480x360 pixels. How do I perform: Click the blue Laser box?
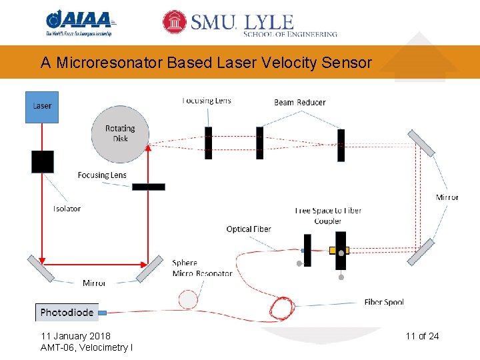pyautogui.click(x=42, y=107)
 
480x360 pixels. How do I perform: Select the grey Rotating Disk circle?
pyautogui.click(x=120, y=134)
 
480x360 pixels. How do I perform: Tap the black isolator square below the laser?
pyautogui.click(x=42, y=161)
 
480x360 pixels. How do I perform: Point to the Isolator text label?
pyautogui.click(x=67, y=209)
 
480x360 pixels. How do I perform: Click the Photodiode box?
pyautogui.click(x=67, y=312)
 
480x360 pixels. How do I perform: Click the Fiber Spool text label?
pyautogui.click(x=384, y=302)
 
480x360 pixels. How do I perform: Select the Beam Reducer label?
pyautogui.click(x=300, y=103)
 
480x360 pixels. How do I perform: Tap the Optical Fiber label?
pyautogui.click(x=249, y=229)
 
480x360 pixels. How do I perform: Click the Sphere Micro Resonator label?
pyautogui.click(x=202, y=268)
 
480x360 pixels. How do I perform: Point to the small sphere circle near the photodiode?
pyautogui.click(x=189, y=299)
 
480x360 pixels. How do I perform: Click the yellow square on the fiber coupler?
pyautogui.click(x=334, y=251)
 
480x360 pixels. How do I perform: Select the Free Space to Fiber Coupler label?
pyautogui.click(x=328, y=215)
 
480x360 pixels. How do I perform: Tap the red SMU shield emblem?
pyautogui.click(x=175, y=22)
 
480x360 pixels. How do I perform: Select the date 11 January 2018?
pyautogui.click(x=76, y=336)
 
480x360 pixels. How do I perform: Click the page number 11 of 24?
pyautogui.click(x=422, y=336)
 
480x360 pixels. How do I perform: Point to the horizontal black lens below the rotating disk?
pyautogui.click(x=148, y=187)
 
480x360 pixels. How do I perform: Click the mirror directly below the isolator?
pyautogui.click(x=41, y=269)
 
